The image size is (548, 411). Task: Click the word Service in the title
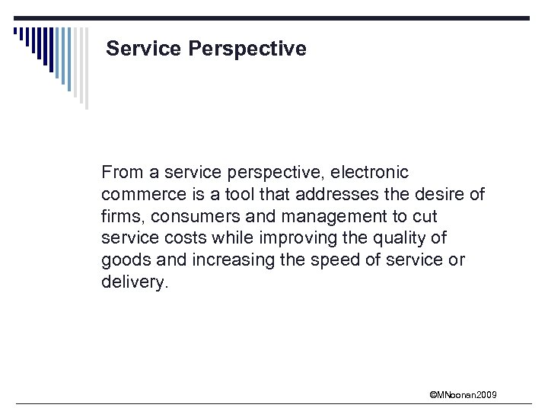tap(142, 49)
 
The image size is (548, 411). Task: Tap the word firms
tap(120, 216)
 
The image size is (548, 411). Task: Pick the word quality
tap(413, 238)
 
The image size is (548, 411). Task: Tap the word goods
tap(122, 260)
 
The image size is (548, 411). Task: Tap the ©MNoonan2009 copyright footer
tap(463, 394)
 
